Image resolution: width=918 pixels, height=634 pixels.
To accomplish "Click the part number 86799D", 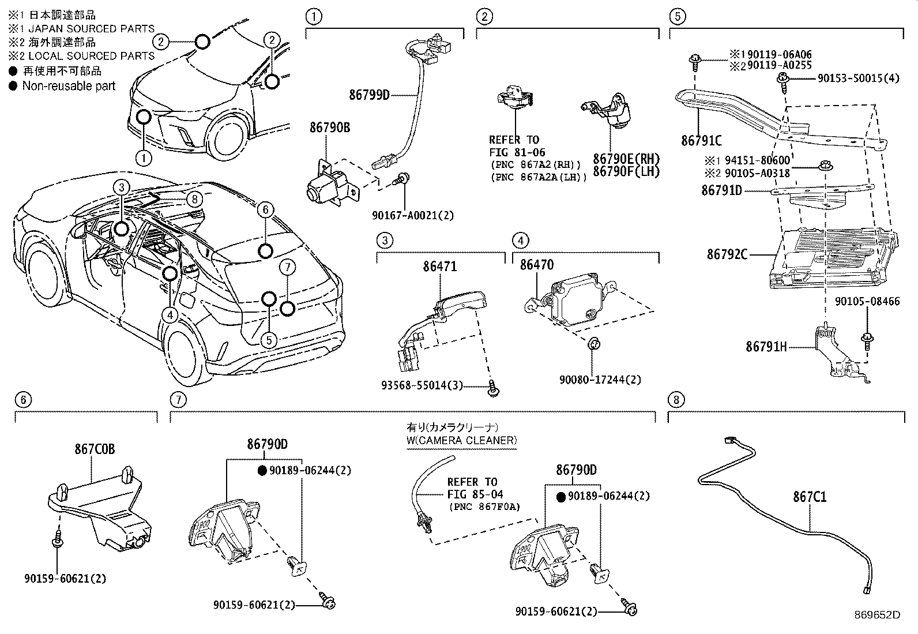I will (x=369, y=95).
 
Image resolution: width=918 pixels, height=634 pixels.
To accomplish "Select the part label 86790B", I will (x=329, y=128).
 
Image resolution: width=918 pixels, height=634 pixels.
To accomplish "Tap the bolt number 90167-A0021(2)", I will (x=412, y=216).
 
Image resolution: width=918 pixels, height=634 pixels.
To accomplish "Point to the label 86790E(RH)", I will (x=626, y=159).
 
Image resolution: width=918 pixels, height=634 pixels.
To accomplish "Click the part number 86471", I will (x=439, y=266).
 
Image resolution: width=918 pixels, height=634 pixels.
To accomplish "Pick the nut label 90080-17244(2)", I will (x=600, y=380).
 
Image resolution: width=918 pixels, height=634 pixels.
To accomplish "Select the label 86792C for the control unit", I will (x=727, y=254).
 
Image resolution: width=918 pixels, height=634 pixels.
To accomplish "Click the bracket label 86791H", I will (x=766, y=347).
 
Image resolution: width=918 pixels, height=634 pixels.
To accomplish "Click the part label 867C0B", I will (x=94, y=449).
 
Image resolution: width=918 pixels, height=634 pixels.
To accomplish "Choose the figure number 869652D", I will (x=876, y=615).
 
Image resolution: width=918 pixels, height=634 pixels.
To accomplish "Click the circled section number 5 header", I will (x=678, y=16).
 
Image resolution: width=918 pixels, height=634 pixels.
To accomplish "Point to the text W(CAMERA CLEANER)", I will (x=461, y=441).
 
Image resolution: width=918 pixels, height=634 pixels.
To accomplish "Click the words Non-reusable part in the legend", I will (x=69, y=86).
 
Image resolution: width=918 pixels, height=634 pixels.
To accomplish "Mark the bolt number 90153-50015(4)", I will (x=857, y=78).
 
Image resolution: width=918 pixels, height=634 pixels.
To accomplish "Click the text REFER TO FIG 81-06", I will (x=514, y=146).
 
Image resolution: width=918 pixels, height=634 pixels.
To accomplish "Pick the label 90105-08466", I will (x=867, y=302).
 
